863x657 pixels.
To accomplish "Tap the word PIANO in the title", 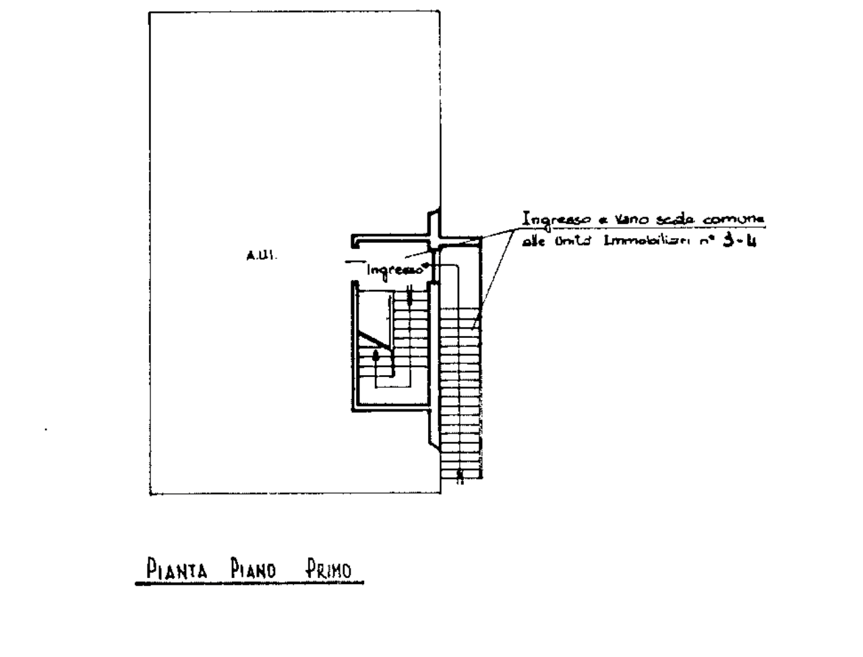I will click(254, 570).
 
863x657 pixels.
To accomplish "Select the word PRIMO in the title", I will click(328, 570).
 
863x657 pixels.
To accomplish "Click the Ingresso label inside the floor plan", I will click(395, 270).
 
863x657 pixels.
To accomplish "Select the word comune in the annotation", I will click(733, 220).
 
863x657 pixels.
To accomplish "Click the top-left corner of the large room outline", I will click(149, 12).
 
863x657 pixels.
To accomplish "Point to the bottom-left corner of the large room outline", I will click(149, 494).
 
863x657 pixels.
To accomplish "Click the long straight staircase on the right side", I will click(461, 395).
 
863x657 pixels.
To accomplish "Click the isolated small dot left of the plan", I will click(46, 429).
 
